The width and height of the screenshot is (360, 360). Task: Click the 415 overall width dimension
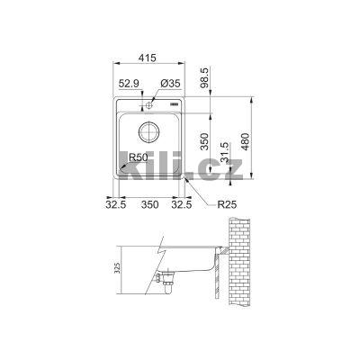pyautogui.click(x=149, y=56)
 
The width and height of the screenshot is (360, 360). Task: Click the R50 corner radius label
pyautogui.click(x=139, y=157)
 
